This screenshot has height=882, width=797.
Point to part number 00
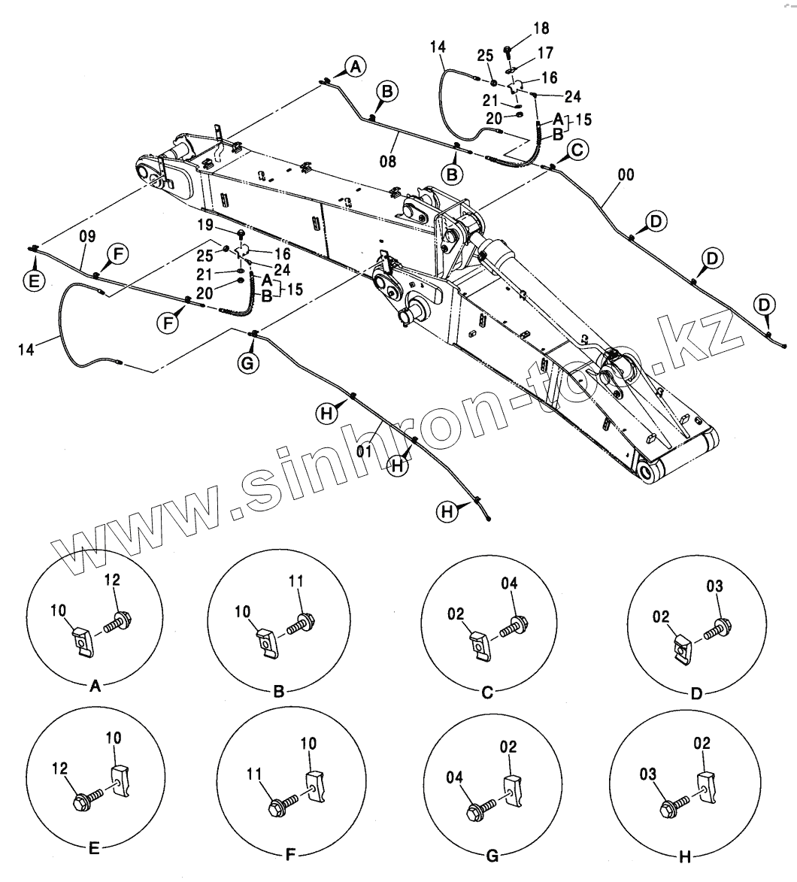click(626, 175)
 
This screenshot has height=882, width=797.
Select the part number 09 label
click(87, 236)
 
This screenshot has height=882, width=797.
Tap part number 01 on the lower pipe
click(365, 451)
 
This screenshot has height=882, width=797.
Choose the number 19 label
click(206, 225)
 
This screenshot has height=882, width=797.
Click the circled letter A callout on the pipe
click(356, 66)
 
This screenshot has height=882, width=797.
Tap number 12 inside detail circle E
click(60, 768)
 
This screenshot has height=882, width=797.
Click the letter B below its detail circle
click(278, 692)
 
